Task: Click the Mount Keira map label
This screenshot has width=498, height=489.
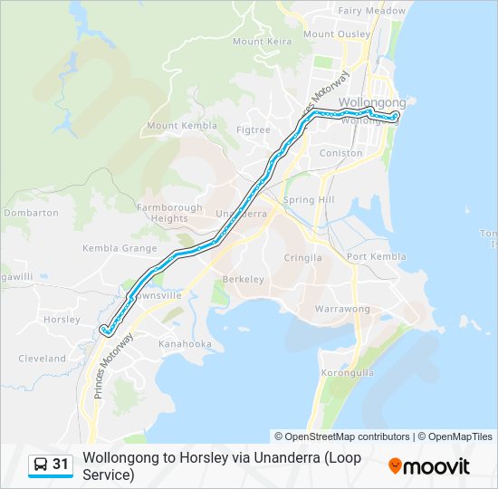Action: tap(261, 42)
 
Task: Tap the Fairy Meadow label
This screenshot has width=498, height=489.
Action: tap(371, 11)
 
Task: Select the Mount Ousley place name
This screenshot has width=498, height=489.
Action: tap(337, 34)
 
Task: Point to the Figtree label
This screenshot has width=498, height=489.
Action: tap(253, 130)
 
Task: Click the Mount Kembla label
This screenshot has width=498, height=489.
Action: tap(182, 126)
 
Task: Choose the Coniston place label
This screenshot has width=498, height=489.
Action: tap(340, 153)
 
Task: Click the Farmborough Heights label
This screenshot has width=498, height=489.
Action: tap(169, 213)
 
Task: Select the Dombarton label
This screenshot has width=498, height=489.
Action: tap(31, 214)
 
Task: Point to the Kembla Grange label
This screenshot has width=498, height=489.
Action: tap(120, 248)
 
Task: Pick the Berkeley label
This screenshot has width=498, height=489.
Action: tap(243, 280)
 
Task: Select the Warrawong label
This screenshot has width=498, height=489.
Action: tap(342, 310)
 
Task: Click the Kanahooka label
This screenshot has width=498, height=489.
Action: tap(185, 344)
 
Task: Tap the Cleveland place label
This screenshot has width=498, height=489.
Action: tap(43, 359)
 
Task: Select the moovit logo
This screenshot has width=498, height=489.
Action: tap(429, 466)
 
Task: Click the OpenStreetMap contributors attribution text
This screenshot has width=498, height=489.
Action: tap(342, 436)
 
